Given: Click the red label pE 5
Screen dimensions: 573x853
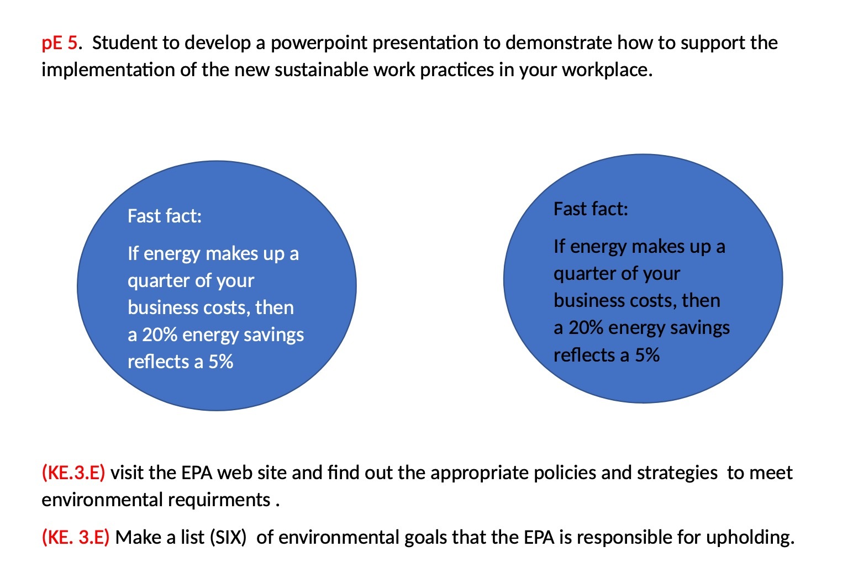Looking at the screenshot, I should tap(60, 43).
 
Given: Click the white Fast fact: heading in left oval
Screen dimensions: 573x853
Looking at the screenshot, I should tap(165, 216).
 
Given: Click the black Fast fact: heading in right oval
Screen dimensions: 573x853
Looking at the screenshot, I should tap(591, 209).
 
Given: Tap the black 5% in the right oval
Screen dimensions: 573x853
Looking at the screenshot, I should tap(647, 355).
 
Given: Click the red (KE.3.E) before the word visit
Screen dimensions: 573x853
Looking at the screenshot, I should tap(73, 473).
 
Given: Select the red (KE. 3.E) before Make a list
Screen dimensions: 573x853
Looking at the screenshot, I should tap(76, 537).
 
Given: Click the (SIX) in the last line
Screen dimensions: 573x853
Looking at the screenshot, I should tap(228, 537).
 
